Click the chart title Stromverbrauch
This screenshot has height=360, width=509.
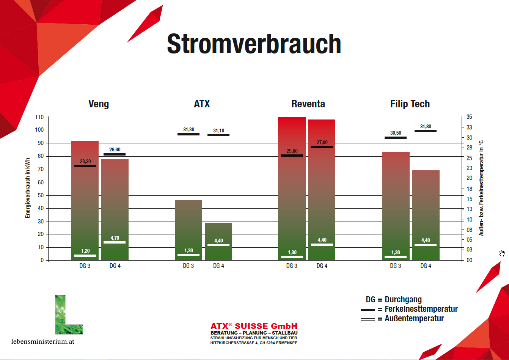pyautogui.click(x=254, y=44)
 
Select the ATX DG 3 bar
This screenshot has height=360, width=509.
pyautogui.click(x=189, y=230)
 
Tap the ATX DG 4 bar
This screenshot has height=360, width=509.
pyautogui.click(x=218, y=241)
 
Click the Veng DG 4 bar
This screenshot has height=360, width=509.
pyautogui.click(x=115, y=210)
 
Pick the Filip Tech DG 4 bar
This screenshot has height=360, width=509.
pyautogui.click(x=426, y=215)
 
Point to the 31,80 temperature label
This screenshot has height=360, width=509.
pyautogui.click(x=426, y=126)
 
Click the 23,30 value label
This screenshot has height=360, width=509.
pyautogui.click(x=85, y=161)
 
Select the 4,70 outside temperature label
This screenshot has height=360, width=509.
pyautogui.click(x=115, y=238)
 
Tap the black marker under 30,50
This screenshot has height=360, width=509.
pyautogui.click(x=395, y=138)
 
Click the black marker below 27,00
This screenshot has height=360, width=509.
pyautogui.click(x=322, y=147)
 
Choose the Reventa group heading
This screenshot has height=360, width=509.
pyautogui.click(x=308, y=104)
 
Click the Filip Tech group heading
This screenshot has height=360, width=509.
pyautogui.click(x=410, y=104)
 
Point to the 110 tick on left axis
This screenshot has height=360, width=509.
pyautogui.click(x=39, y=117)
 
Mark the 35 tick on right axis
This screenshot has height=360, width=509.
pyautogui.click(x=469, y=117)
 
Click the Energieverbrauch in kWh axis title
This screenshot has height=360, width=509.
pyautogui.click(x=27, y=188)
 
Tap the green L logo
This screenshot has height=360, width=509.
pyautogui.click(x=69, y=315)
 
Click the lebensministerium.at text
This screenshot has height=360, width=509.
pyautogui.click(x=43, y=341)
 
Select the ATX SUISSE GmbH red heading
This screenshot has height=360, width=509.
pyautogui.click(x=254, y=326)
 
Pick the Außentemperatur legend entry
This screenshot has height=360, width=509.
pyautogui.click(x=402, y=319)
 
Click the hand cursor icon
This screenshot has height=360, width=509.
pyautogui.click(x=502, y=253)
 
